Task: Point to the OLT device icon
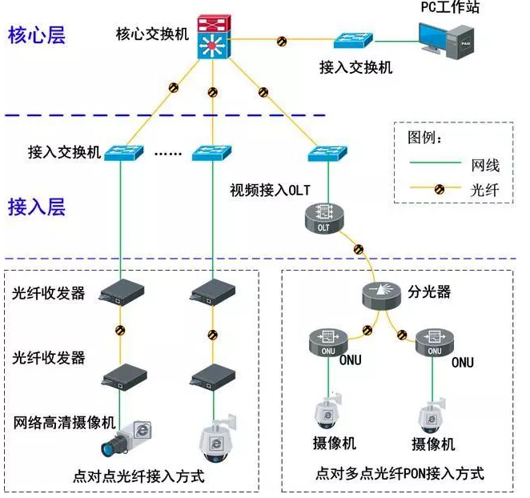(x=323, y=218)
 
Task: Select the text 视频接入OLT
(x=269, y=190)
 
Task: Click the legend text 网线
(x=484, y=166)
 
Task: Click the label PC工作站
(x=454, y=7)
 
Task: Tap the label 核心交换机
(x=152, y=34)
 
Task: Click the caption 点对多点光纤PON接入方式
(x=400, y=473)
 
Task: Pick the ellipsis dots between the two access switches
(x=168, y=152)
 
